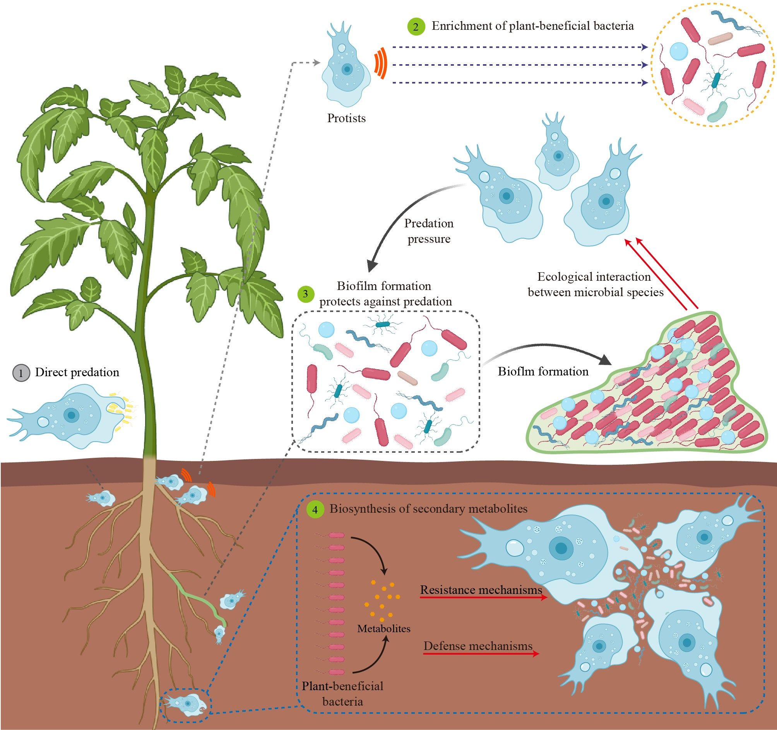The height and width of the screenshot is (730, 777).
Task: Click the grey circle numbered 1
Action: click(x=21, y=373)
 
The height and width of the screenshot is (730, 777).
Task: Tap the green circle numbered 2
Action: click(x=416, y=27)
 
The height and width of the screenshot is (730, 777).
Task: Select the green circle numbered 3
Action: click(x=306, y=294)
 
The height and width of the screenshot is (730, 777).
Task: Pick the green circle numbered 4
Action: click(x=315, y=509)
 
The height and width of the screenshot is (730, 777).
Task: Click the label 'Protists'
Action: click(x=346, y=118)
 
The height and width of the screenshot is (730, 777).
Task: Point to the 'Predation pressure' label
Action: click(x=429, y=231)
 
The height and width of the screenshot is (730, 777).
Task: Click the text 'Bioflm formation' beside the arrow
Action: click(x=543, y=371)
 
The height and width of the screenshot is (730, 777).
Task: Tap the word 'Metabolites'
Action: click(x=384, y=628)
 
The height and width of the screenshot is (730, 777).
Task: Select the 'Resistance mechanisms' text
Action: click(x=481, y=590)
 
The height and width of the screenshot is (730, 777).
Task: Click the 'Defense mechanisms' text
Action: click(x=478, y=646)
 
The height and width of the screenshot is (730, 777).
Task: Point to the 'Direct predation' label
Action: click(x=77, y=372)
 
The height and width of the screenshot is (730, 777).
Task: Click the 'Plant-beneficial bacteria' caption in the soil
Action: click(x=342, y=694)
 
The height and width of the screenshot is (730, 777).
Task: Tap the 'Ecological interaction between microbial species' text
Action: click(x=595, y=284)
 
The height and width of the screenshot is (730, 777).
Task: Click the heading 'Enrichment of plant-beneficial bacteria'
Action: click(x=532, y=26)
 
